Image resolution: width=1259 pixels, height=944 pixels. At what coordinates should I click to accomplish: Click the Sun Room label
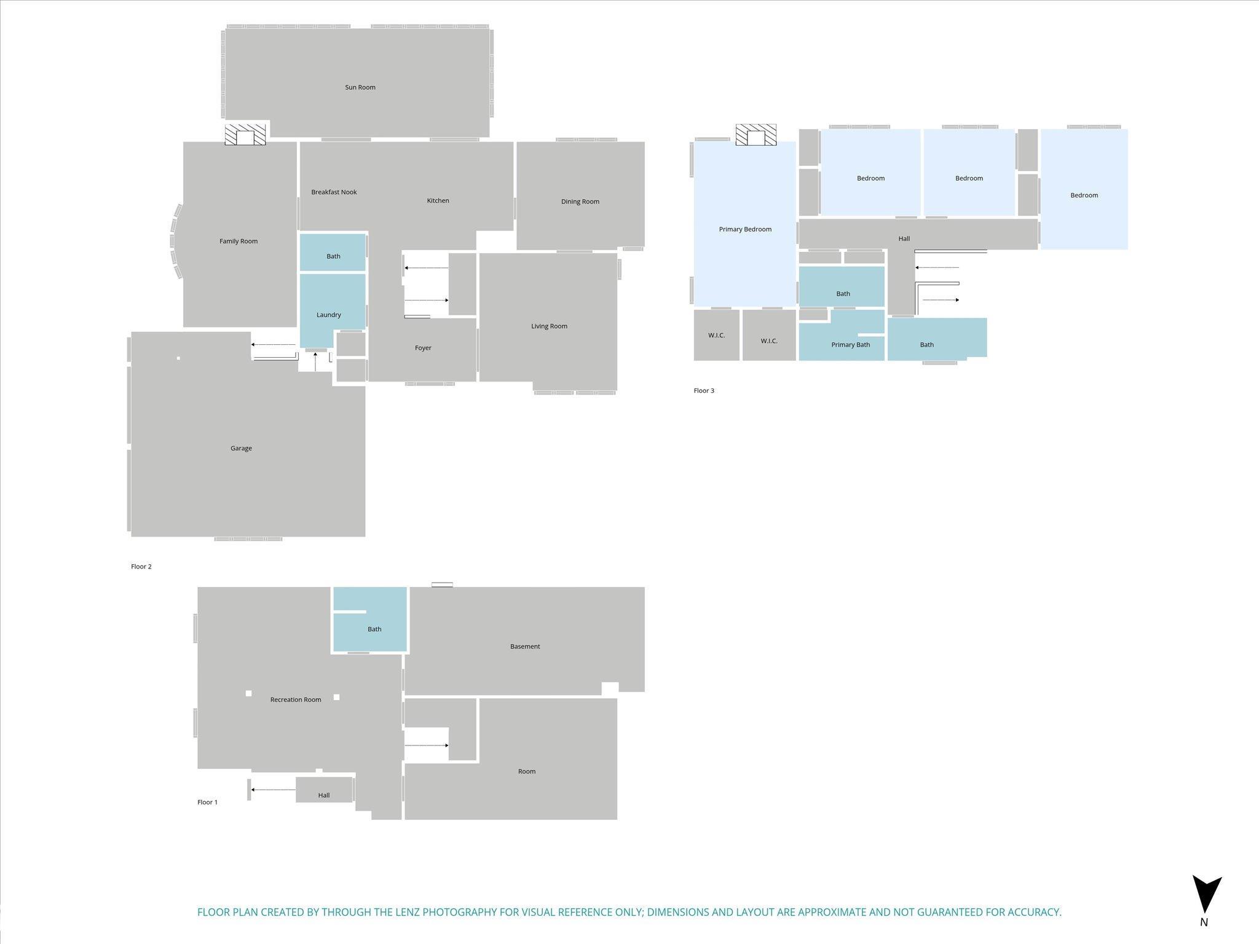[360, 87]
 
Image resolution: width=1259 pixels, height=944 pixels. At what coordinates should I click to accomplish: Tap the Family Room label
[239, 241]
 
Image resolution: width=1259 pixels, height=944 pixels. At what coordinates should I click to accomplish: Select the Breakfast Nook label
[334, 192]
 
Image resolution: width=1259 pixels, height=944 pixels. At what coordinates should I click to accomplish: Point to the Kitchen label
[438, 200]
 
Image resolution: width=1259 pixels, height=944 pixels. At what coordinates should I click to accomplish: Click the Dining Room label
[580, 202]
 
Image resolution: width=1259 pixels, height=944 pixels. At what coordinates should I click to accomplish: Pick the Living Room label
[549, 326]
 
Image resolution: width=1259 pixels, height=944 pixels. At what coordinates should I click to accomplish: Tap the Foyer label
[423, 348]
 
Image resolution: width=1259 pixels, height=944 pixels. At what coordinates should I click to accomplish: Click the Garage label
[241, 448]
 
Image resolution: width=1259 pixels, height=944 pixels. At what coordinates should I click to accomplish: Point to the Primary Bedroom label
[745, 229]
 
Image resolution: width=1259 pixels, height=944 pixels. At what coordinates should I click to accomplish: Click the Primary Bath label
[850, 345]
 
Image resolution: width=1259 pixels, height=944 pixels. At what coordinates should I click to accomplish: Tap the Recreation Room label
[296, 699]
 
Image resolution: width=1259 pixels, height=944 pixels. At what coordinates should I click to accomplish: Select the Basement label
[525, 647]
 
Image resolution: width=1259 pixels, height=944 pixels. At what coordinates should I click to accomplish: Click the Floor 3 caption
[704, 391]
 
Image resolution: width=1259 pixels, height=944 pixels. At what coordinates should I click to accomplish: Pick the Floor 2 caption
[141, 567]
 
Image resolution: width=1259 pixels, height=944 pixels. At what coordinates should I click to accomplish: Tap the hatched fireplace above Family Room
[245, 135]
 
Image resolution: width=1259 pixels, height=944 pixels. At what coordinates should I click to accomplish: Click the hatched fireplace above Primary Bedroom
[756, 135]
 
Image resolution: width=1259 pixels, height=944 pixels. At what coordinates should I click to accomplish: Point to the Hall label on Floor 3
[904, 238]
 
